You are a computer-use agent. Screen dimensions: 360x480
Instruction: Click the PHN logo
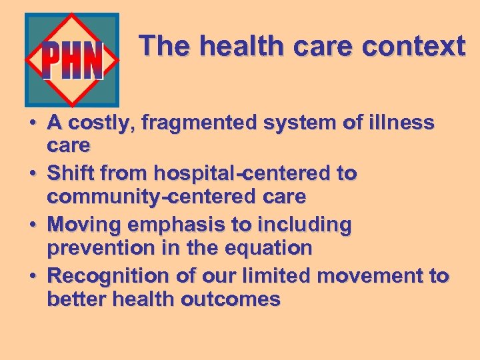(72, 61)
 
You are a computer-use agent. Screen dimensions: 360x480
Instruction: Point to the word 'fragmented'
(189, 123)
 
